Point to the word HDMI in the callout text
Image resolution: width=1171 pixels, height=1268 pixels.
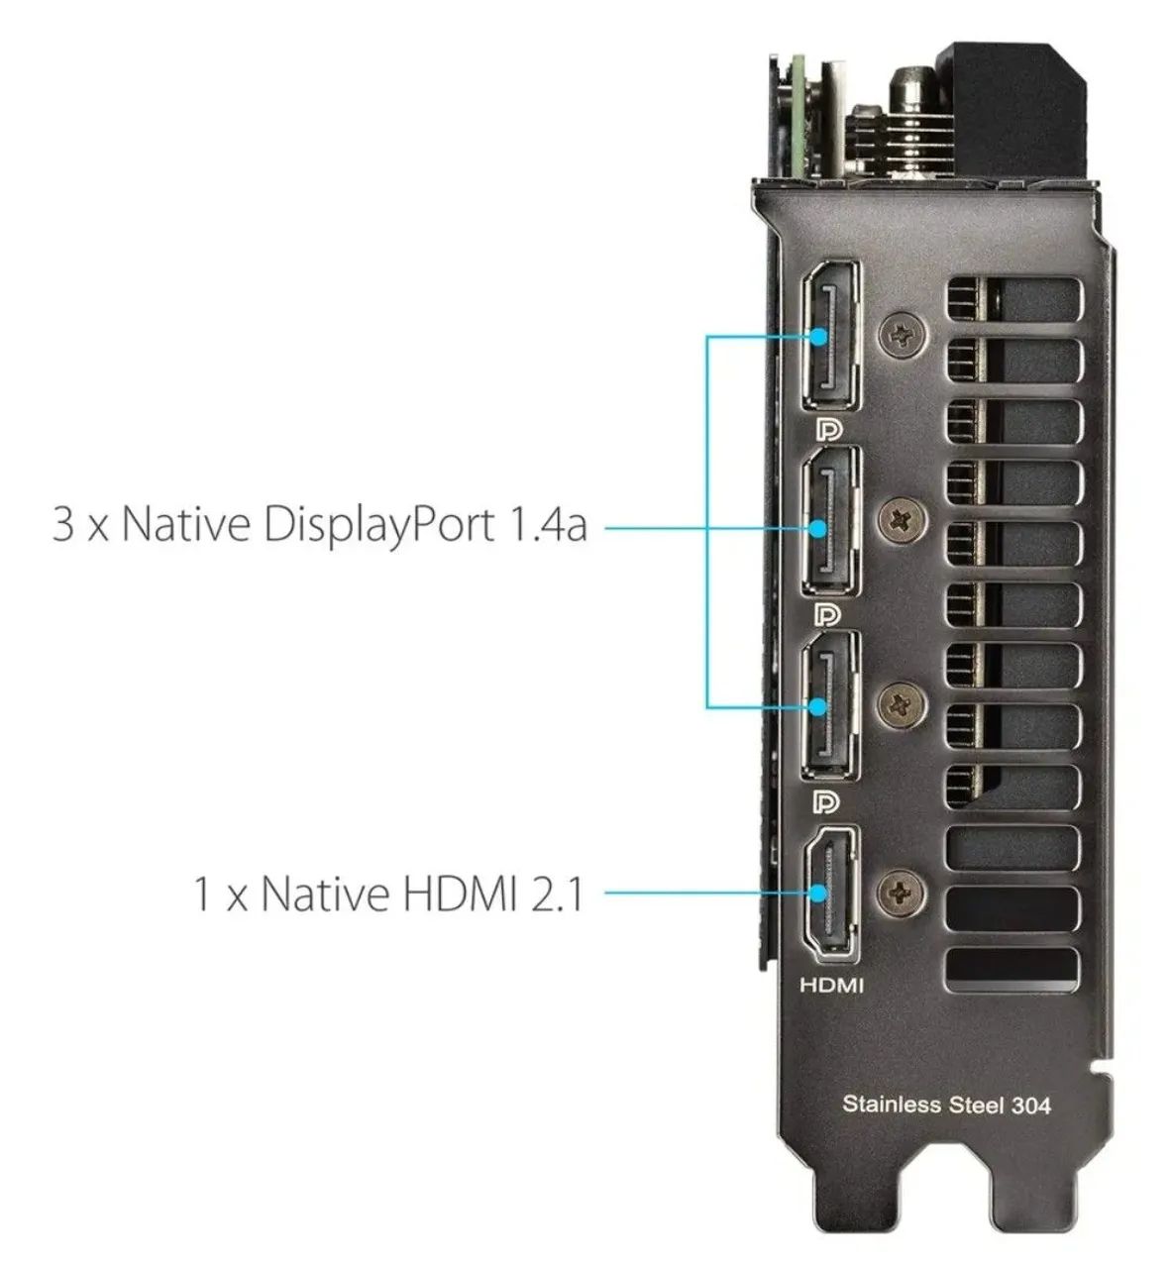coord(459,894)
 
